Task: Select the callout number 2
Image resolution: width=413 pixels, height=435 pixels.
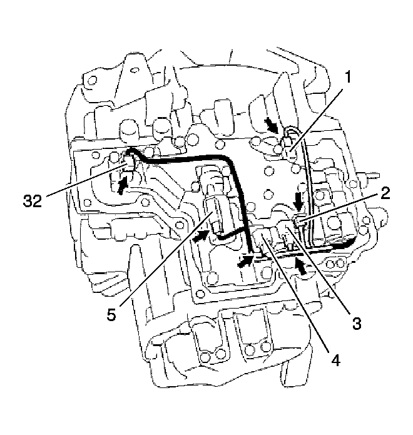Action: pos(385,193)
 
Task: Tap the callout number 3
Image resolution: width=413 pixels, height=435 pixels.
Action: pos(357,322)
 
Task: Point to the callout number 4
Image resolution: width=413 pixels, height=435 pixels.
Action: pos(335,360)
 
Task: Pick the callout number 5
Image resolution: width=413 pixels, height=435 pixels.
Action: pos(111,314)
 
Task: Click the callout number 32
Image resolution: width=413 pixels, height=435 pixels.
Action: pos(33,200)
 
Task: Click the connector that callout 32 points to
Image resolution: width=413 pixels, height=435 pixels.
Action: pos(128,163)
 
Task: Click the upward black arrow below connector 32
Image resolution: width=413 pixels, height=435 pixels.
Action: pos(122,185)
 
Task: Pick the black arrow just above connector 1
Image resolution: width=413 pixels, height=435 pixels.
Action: pos(273,125)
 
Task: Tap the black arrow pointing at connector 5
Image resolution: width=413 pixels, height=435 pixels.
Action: pos(200,237)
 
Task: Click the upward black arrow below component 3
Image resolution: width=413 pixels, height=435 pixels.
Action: pos(302,266)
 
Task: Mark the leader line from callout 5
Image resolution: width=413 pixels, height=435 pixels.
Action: pos(166,259)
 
